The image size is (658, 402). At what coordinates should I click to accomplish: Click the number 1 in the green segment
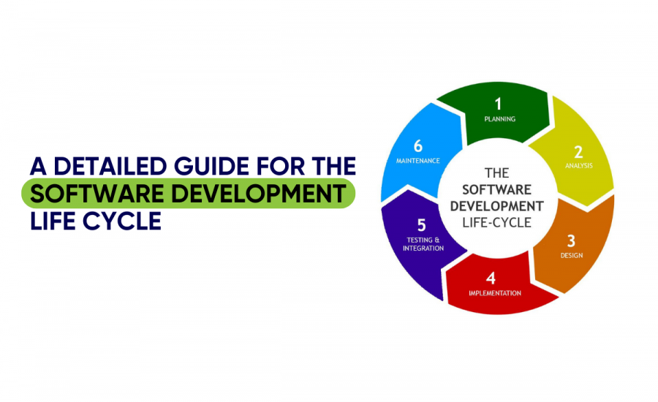[499, 104]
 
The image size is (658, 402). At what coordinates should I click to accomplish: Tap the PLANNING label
[499, 119]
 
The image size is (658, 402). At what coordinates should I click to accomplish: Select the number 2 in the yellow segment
[578, 152]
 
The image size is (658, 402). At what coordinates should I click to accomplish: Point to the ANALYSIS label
[578, 166]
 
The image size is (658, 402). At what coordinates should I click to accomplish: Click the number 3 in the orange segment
[572, 240]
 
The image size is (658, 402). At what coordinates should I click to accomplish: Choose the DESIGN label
[571, 255]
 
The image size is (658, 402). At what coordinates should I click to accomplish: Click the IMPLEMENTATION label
[494, 293]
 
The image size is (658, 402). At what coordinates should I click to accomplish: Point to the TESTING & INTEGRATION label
[423, 244]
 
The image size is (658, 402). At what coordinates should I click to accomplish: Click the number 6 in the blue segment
[417, 145]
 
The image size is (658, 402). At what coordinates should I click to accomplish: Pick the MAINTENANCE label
[416, 160]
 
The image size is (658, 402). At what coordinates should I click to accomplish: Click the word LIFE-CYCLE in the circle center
[496, 222]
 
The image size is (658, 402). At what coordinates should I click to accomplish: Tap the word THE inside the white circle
[496, 173]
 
